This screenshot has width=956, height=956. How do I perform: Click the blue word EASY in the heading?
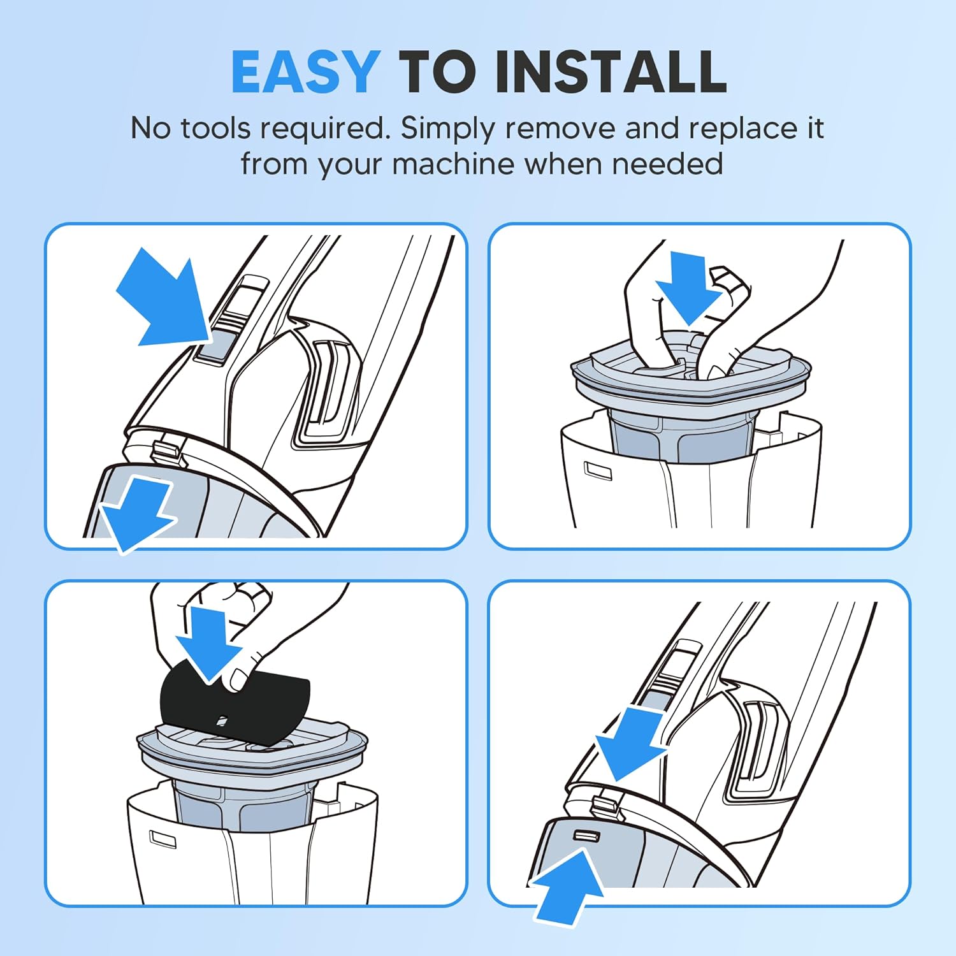click(x=306, y=71)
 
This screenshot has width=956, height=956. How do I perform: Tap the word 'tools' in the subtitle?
click(x=215, y=128)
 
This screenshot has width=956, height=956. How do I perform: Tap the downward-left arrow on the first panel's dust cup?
click(x=136, y=514)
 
